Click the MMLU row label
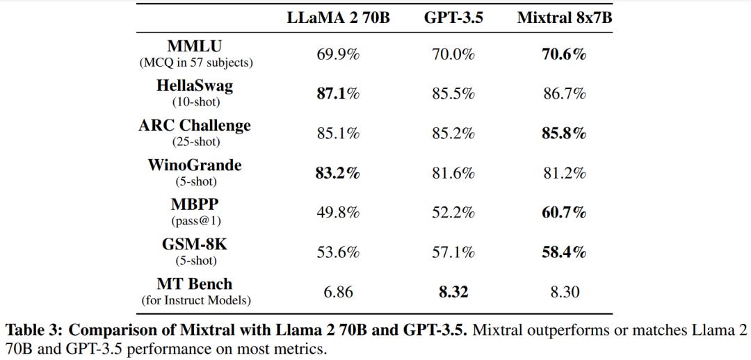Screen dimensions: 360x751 tap(195, 47)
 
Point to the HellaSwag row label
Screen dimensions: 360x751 tap(195, 86)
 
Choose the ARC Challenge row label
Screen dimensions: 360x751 tap(195, 126)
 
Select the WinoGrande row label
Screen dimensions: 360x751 tap(195, 165)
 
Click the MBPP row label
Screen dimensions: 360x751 tap(195, 205)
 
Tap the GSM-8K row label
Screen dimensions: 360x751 tap(195, 245)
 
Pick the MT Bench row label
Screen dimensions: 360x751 tap(195, 284)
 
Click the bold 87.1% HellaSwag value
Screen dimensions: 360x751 tap(338, 94)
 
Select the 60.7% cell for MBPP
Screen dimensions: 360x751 tap(564, 213)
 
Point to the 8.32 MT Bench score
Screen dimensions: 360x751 tap(453, 293)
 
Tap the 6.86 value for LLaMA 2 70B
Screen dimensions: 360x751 tap(338, 293)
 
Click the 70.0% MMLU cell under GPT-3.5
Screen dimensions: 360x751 tap(453, 54)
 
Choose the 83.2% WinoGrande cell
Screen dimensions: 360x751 tap(338, 173)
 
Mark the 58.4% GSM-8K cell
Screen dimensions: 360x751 tap(564, 252)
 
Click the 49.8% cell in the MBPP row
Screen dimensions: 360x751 tap(338, 213)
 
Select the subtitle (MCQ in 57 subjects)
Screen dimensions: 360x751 tap(195, 63)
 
